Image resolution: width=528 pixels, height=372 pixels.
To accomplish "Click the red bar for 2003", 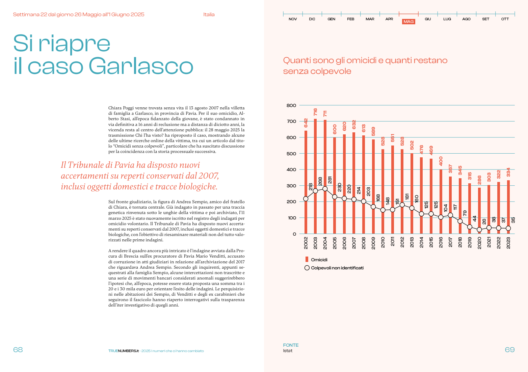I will [x=315, y=176].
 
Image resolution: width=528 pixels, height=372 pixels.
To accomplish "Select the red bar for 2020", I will [x=479, y=209].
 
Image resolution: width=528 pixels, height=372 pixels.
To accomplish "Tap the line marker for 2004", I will [x=325, y=189].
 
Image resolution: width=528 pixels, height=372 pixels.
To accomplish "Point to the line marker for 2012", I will [x=402, y=205].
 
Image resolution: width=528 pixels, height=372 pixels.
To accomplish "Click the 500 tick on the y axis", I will [x=291, y=154].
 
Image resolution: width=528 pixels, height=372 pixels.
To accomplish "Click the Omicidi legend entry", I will [x=319, y=260].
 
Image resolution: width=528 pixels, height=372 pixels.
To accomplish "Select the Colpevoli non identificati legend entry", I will [x=337, y=268].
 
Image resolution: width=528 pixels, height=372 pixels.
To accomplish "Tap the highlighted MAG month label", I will [x=408, y=22].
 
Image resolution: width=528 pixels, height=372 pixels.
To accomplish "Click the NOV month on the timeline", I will [x=293, y=19].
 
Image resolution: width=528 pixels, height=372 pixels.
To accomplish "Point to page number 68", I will [x=18, y=350].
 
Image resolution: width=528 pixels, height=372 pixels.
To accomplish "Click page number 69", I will [x=510, y=350].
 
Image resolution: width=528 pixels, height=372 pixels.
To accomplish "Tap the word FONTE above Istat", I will [x=291, y=345].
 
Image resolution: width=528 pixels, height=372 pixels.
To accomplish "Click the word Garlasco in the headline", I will [x=141, y=66].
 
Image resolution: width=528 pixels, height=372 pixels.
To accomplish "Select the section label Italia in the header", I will [x=209, y=15].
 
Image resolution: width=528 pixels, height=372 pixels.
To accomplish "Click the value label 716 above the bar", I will [x=315, y=112].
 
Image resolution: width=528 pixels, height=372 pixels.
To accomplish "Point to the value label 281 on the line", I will [x=330, y=180].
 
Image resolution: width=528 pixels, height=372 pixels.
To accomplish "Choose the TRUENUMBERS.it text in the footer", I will [x=123, y=351].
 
